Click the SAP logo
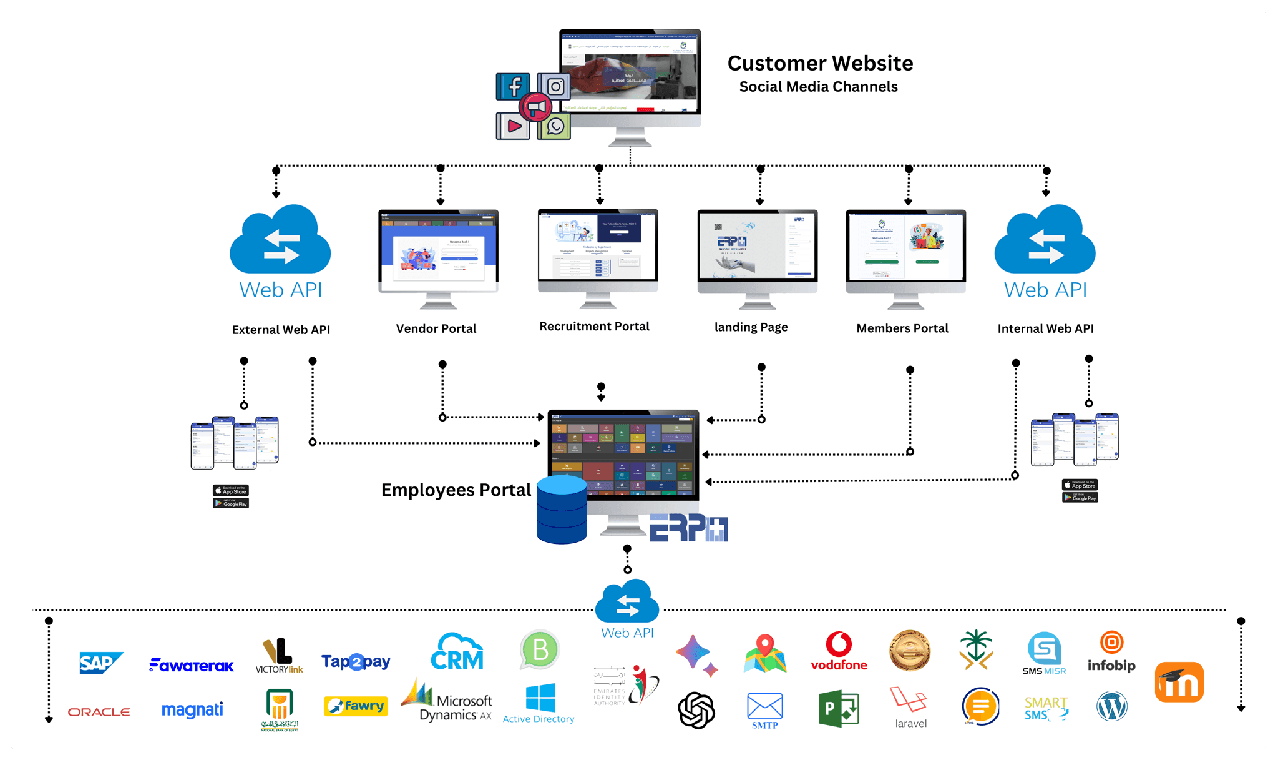click(100, 663)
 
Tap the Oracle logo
click(99, 712)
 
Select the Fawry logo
click(356, 706)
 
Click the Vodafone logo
click(839, 652)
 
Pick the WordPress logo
click(1111, 707)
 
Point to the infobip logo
click(1111, 652)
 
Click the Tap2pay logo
click(356, 661)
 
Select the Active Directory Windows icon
click(540, 698)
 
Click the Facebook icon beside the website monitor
click(514, 86)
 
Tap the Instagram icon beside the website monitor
click(555, 86)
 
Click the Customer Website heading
click(820, 63)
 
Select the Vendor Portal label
click(436, 328)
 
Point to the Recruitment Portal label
click(594, 327)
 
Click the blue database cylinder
click(562, 509)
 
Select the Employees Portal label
click(456, 490)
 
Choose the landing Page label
click(751, 327)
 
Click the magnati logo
click(192, 710)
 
